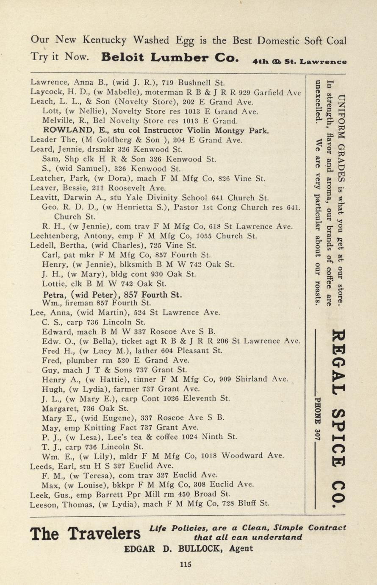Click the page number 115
186,564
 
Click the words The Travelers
86,533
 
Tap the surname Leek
40,494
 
